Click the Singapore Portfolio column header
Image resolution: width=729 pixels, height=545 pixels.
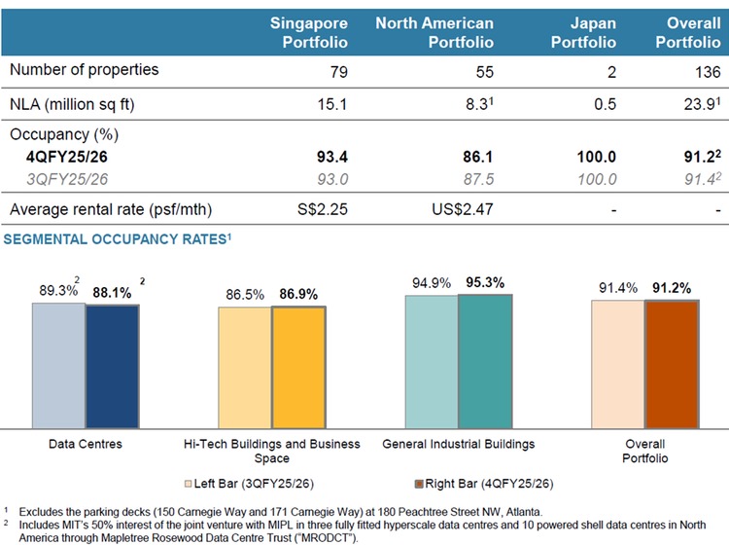309,32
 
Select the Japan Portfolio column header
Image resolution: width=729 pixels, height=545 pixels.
583,32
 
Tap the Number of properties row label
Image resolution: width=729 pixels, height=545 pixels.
85,70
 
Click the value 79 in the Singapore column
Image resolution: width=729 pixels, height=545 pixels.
339,72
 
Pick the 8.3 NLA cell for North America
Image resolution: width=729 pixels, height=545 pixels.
479,104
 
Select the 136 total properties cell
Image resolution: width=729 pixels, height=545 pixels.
708,72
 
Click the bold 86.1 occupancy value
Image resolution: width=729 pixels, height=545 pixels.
477,157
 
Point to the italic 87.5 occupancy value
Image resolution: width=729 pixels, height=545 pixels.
478,179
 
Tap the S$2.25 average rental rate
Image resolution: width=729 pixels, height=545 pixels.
322,209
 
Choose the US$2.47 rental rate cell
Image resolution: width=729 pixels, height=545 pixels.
462,209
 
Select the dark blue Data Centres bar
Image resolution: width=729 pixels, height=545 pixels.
113,367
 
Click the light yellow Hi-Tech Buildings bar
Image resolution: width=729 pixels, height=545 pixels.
245,368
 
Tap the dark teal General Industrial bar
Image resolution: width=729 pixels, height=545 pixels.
485,361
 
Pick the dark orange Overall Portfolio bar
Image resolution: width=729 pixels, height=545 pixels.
672,364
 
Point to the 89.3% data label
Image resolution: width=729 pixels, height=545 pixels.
58,290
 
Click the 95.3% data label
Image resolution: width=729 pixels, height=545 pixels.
485,282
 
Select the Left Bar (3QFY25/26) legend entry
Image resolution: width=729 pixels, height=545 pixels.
249,484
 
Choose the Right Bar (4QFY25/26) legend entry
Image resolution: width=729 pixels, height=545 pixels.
484,484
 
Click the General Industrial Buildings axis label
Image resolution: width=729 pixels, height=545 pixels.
459,444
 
